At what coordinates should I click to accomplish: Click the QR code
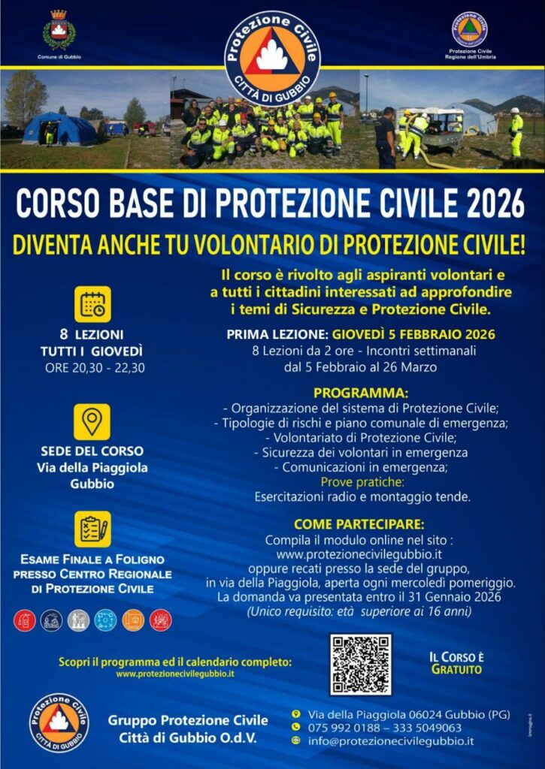(360, 664)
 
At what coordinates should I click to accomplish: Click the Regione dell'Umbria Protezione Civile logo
(469, 29)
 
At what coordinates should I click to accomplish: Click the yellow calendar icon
(92, 304)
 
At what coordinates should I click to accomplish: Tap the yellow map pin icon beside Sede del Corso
(92, 422)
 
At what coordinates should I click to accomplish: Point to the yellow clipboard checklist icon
(92, 529)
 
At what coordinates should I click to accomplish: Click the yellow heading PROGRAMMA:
(361, 393)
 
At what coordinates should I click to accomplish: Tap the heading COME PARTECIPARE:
(359, 524)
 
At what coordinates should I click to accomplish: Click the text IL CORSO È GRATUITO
(456, 662)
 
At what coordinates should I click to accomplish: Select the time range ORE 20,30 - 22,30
(95, 368)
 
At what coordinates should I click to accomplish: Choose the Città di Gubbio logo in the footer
(59, 723)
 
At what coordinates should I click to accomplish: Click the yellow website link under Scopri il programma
(174, 674)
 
